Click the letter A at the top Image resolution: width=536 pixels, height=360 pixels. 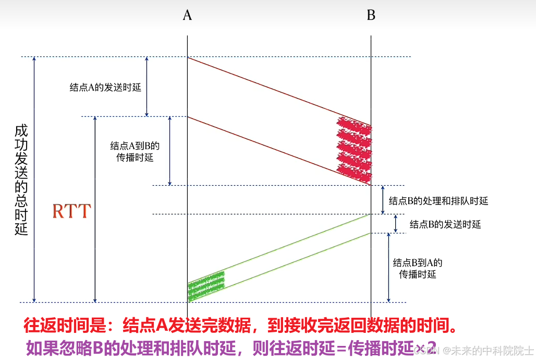[x=187, y=15]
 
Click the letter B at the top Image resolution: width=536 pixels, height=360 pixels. [x=371, y=15]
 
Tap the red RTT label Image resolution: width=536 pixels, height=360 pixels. [x=72, y=211]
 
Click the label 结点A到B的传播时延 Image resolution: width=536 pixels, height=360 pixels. [x=135, y=151]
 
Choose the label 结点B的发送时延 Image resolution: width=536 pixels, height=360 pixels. [x=445, y=224]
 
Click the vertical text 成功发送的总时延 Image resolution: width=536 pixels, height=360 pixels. [x=21, y=179]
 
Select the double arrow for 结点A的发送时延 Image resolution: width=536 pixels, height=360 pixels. [x=147, y=86]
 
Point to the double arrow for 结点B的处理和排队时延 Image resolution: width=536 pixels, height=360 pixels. [x=383, y=199]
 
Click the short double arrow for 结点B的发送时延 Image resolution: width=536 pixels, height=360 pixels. [x=396, y=223]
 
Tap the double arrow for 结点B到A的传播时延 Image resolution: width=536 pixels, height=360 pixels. [x=388, y=267]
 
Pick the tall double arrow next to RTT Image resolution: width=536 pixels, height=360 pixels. [x=95, y=209]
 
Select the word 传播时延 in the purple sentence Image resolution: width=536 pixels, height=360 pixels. [x=372, y=347]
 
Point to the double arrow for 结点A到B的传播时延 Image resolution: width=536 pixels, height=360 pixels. [x=170, y=151]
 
